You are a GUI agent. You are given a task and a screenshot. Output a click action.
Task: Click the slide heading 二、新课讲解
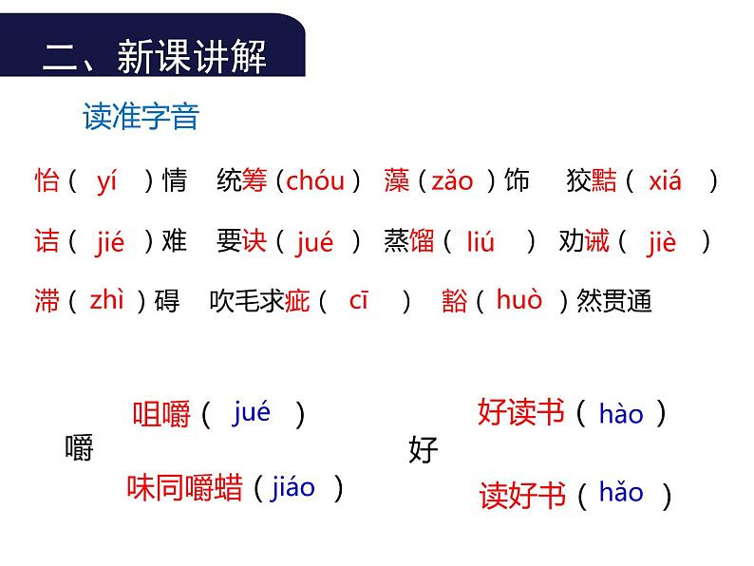coord(155,57)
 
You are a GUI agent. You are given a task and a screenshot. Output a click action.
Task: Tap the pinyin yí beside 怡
coord(106,181)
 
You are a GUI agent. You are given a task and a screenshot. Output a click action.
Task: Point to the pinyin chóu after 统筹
coord(315,179)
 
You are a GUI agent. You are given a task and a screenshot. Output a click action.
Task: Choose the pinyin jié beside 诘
coord(110,243)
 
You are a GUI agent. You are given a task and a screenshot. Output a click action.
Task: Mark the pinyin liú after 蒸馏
coord(481,242)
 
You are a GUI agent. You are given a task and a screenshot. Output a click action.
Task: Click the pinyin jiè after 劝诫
coord(662,242)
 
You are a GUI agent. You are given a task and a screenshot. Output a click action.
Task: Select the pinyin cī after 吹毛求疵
coord(358,301)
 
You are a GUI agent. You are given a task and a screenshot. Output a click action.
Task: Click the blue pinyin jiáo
coord(292,488)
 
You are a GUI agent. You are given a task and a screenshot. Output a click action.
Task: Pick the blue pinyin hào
coord(621,414)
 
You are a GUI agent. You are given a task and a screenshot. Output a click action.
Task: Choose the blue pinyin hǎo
coord(621,493)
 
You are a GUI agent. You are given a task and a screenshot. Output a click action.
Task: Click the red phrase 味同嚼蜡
coord(186,488)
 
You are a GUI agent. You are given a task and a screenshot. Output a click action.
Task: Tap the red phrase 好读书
coord(521,413)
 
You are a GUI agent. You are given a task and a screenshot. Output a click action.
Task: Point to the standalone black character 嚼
coord(80,447)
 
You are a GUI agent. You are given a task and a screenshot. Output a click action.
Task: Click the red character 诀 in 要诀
coord(254,242)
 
